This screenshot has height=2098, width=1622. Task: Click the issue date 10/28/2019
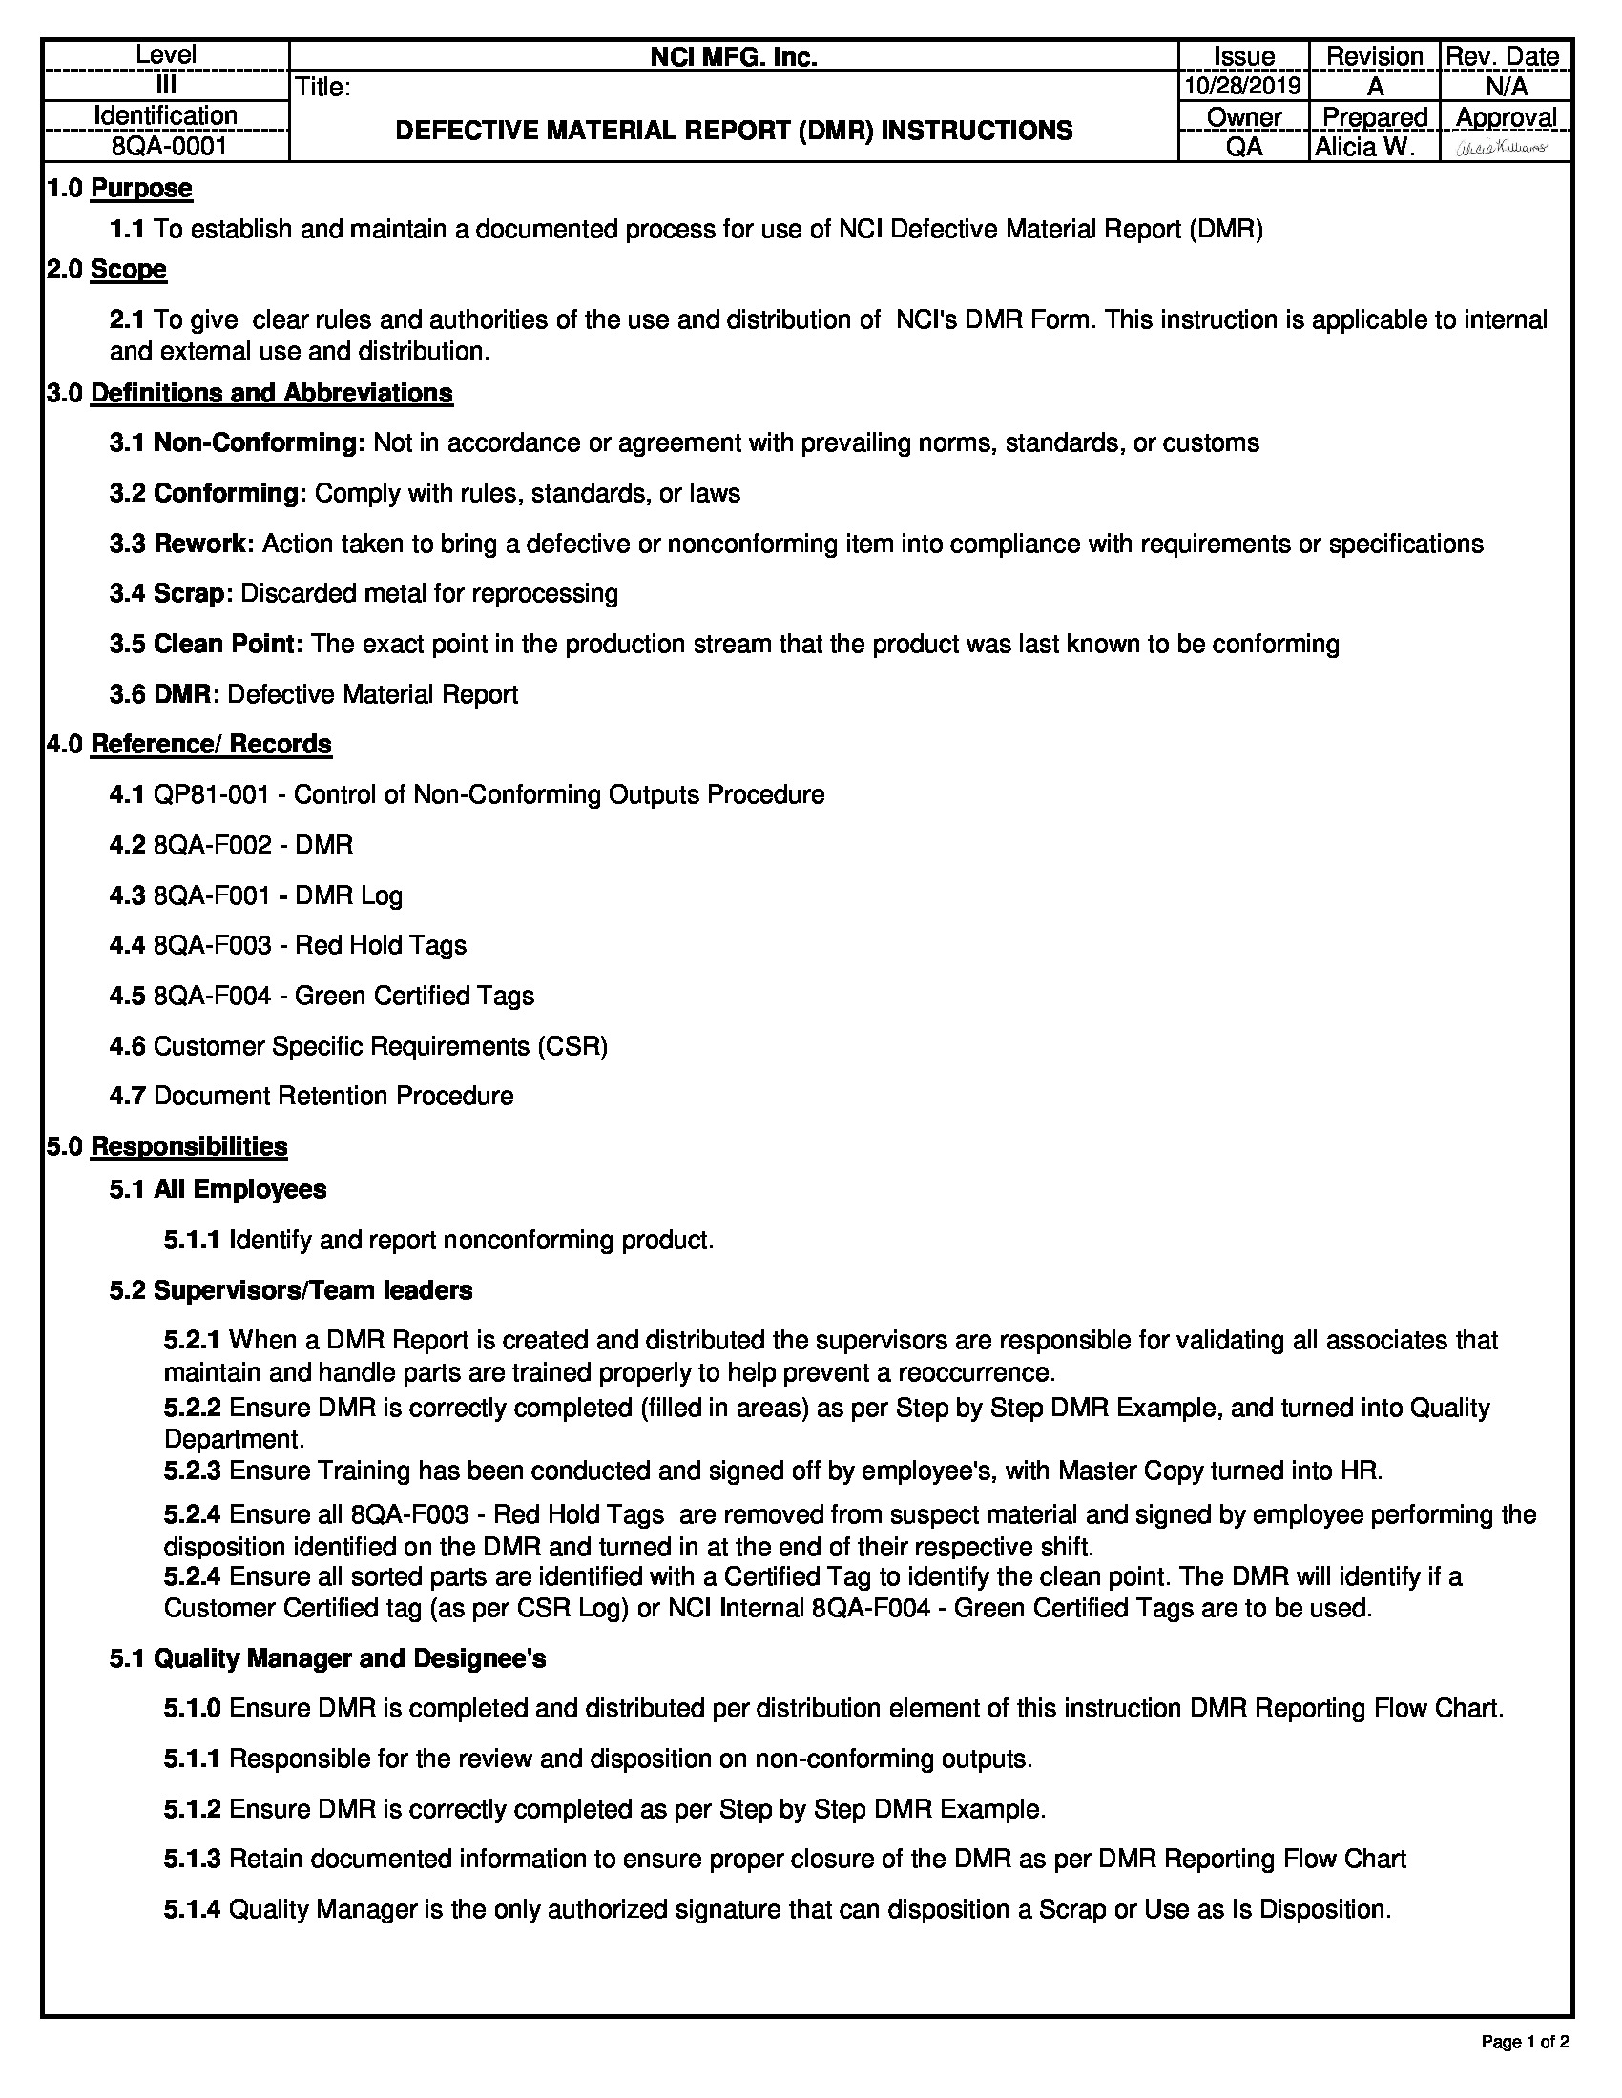pos(1242,87)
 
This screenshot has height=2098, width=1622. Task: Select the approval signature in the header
pos(1504,147)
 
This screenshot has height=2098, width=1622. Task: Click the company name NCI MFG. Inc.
pos(733,57)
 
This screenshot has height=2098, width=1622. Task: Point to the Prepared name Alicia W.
pos(1364,147)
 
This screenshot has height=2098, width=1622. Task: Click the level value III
pos(166,86)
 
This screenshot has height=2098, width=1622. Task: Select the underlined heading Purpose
pos(141,188)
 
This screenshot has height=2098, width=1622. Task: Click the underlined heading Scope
pos(129,269)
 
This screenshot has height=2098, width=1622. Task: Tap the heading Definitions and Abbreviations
pos(272,393)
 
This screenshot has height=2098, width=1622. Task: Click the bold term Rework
pos(204,544)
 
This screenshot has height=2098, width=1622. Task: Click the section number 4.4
pos(127,945)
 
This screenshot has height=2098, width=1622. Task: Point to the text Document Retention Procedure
pos(333,1096)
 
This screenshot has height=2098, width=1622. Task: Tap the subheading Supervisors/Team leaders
pos(313,1290)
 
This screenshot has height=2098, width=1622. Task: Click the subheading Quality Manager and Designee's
pos(350,1659)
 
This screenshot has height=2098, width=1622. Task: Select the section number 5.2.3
pos(192,1471)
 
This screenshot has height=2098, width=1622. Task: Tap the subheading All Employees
pos(240,1189)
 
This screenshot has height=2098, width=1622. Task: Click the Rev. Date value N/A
pos(1506,87)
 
